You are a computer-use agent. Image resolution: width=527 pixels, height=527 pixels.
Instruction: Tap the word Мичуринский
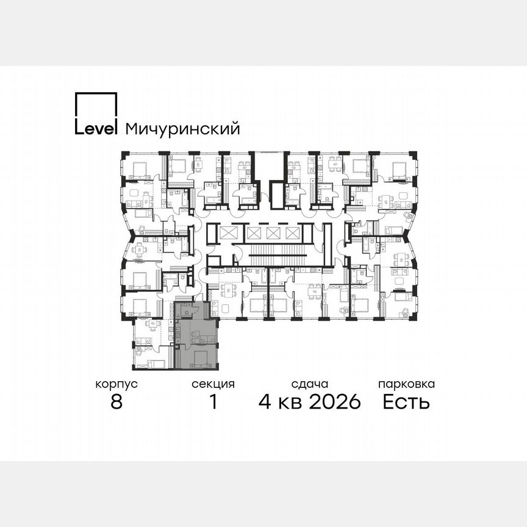182,129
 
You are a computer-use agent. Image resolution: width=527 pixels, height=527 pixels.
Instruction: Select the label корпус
117,384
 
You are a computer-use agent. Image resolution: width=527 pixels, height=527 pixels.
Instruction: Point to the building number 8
117,402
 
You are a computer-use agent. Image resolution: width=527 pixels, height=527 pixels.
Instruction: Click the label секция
213,384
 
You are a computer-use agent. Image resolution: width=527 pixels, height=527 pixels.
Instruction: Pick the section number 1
213,402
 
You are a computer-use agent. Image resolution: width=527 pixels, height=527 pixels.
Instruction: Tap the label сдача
310,384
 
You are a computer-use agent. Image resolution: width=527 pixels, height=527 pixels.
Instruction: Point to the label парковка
406,384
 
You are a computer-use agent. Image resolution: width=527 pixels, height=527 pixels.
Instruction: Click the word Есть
406,402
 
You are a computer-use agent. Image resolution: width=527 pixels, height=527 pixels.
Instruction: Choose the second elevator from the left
254,233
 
